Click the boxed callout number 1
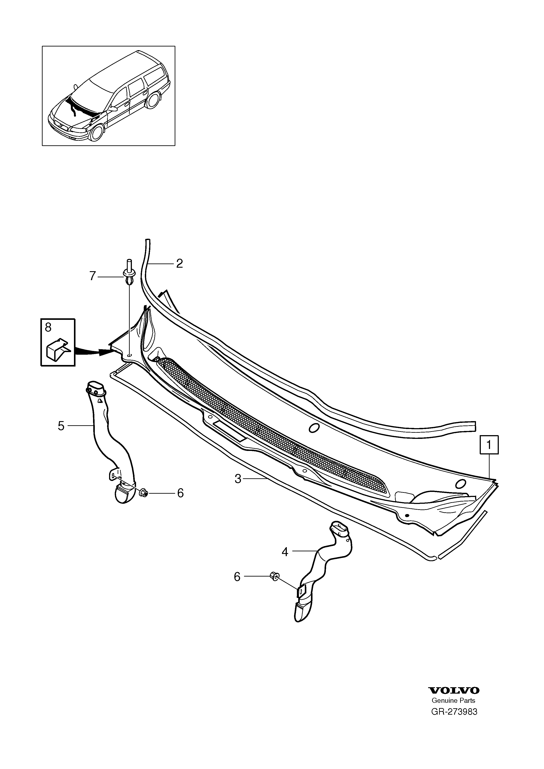(x=489, y=445)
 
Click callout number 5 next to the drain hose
(x=61, y=426)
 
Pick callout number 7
(x=93, y=276)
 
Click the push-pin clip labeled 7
(x=129, y=271)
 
